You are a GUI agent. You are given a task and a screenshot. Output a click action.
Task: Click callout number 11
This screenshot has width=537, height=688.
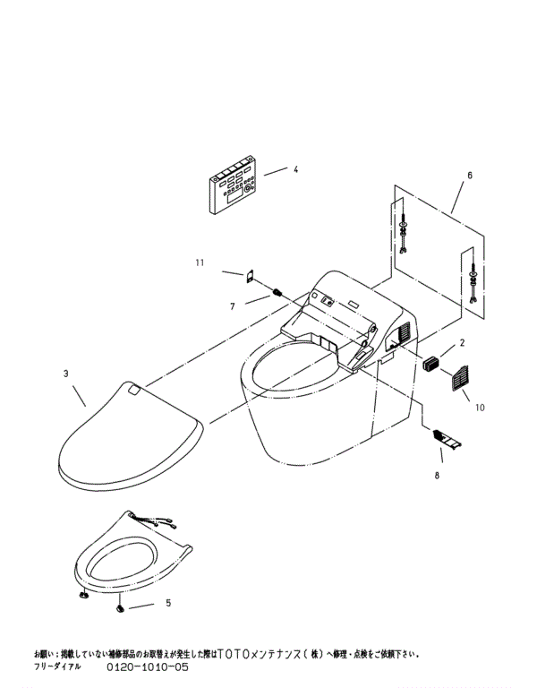(x=200, y=262)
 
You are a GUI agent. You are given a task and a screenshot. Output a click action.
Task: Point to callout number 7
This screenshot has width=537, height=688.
(x=231, y=306)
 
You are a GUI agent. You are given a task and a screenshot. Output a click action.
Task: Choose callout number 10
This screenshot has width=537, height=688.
(x=480, y=408)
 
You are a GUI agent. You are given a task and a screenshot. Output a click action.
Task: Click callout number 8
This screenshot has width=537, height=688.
(x=437, y=476)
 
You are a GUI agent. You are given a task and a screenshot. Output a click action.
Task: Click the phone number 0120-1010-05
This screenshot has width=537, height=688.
(x=149, y=667)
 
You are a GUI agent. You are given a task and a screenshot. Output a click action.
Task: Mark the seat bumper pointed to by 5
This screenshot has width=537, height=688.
(x=120, y=608)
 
